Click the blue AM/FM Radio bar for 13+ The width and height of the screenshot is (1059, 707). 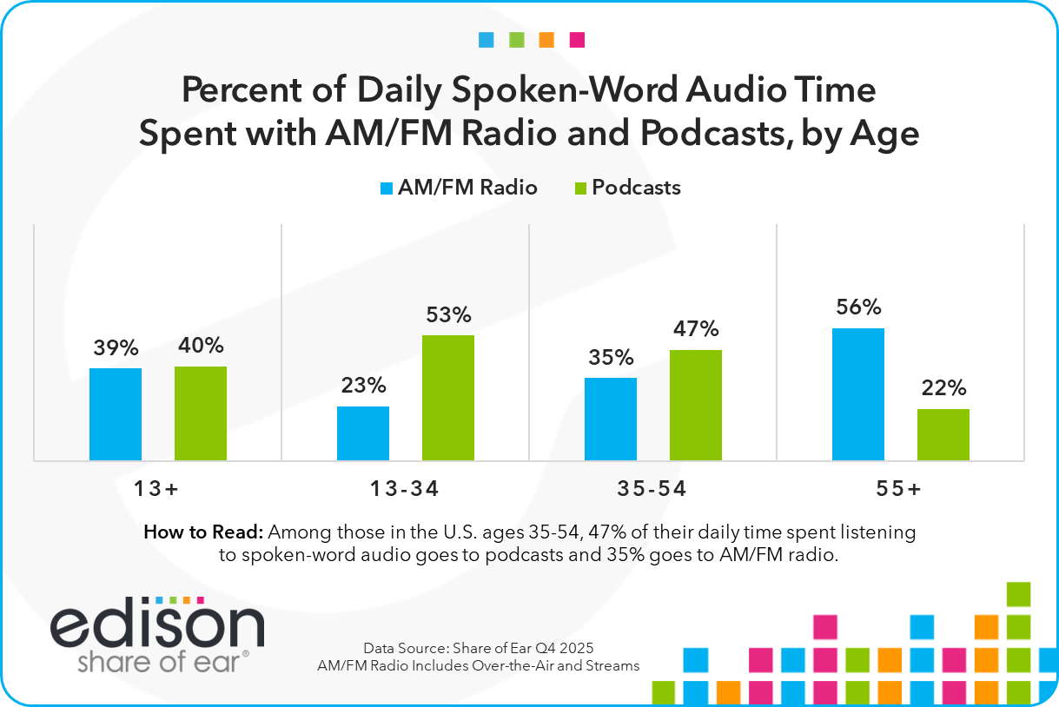point(116,414)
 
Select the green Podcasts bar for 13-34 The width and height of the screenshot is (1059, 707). point(448,398)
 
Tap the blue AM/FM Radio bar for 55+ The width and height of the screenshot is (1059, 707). point(858,394)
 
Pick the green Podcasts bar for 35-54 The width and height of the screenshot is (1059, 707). point(696,405)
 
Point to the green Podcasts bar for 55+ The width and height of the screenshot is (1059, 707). point(943,434)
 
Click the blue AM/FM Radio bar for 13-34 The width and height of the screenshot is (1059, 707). point(363,433)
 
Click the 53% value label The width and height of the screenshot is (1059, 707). point(448,314)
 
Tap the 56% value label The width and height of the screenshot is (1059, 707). point(859,307)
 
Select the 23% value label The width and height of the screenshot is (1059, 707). point(363,386)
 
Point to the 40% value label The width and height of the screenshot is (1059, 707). point(201,346)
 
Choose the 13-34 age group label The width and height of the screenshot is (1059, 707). point(405,489)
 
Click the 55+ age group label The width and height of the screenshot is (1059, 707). point(900,489)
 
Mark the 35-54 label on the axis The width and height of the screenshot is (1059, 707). point(652,489)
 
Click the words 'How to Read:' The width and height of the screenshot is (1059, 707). point(203,532)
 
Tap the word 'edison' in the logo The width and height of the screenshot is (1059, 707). point(157,624)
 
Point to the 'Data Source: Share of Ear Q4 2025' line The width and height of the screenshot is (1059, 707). point(479,649)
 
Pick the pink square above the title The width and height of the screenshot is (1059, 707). point(577,40)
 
